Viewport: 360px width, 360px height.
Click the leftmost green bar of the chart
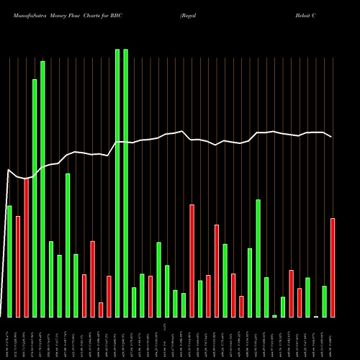[9, 261]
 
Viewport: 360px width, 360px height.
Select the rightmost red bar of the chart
[333, 267]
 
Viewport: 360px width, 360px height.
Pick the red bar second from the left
[18, 266]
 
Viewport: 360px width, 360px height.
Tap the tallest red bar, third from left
[26, 248]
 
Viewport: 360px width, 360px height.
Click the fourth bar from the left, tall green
[35, 198]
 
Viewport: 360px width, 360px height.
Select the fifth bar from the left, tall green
[42, 189]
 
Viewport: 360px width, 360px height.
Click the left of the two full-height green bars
[117, 183]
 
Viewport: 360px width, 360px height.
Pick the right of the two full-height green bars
[125, 183]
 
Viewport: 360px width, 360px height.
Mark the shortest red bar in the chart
[101, 310]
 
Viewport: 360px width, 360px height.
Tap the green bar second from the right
[325, 302]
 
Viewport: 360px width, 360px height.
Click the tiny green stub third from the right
[316, 316]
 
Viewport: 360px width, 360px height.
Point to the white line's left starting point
[8, 170]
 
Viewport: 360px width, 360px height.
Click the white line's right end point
[331, 137]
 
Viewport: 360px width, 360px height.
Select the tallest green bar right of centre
[258, 258]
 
